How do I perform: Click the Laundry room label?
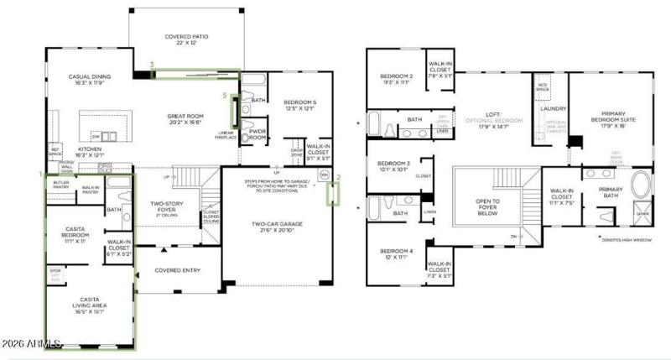[554, 109]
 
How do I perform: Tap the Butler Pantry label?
[60, 185]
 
